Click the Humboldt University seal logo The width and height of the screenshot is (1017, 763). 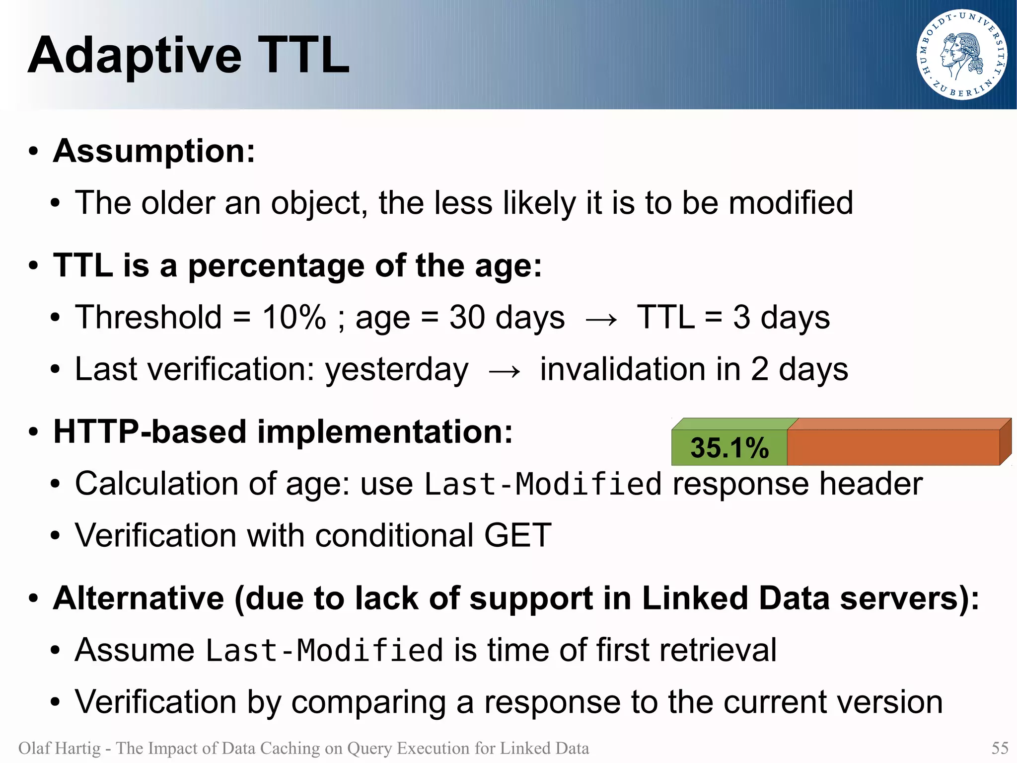961,54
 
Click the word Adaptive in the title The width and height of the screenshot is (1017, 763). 135,56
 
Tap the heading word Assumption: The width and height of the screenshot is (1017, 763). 154,151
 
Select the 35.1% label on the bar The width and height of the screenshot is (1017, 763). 729,447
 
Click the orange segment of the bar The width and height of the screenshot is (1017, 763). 893,447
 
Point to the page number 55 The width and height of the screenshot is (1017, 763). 1000,748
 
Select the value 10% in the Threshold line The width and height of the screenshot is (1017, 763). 294,317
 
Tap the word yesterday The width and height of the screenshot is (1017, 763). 396,370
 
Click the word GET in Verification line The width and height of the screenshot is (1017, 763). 517,535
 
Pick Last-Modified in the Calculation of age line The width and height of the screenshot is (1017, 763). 543,484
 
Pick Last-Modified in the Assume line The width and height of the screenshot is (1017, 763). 324,650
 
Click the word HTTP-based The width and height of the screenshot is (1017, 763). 149,431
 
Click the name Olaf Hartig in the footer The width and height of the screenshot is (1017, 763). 59,748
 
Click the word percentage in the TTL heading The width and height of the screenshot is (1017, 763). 276,266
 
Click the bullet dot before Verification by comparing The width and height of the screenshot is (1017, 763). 55,702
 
